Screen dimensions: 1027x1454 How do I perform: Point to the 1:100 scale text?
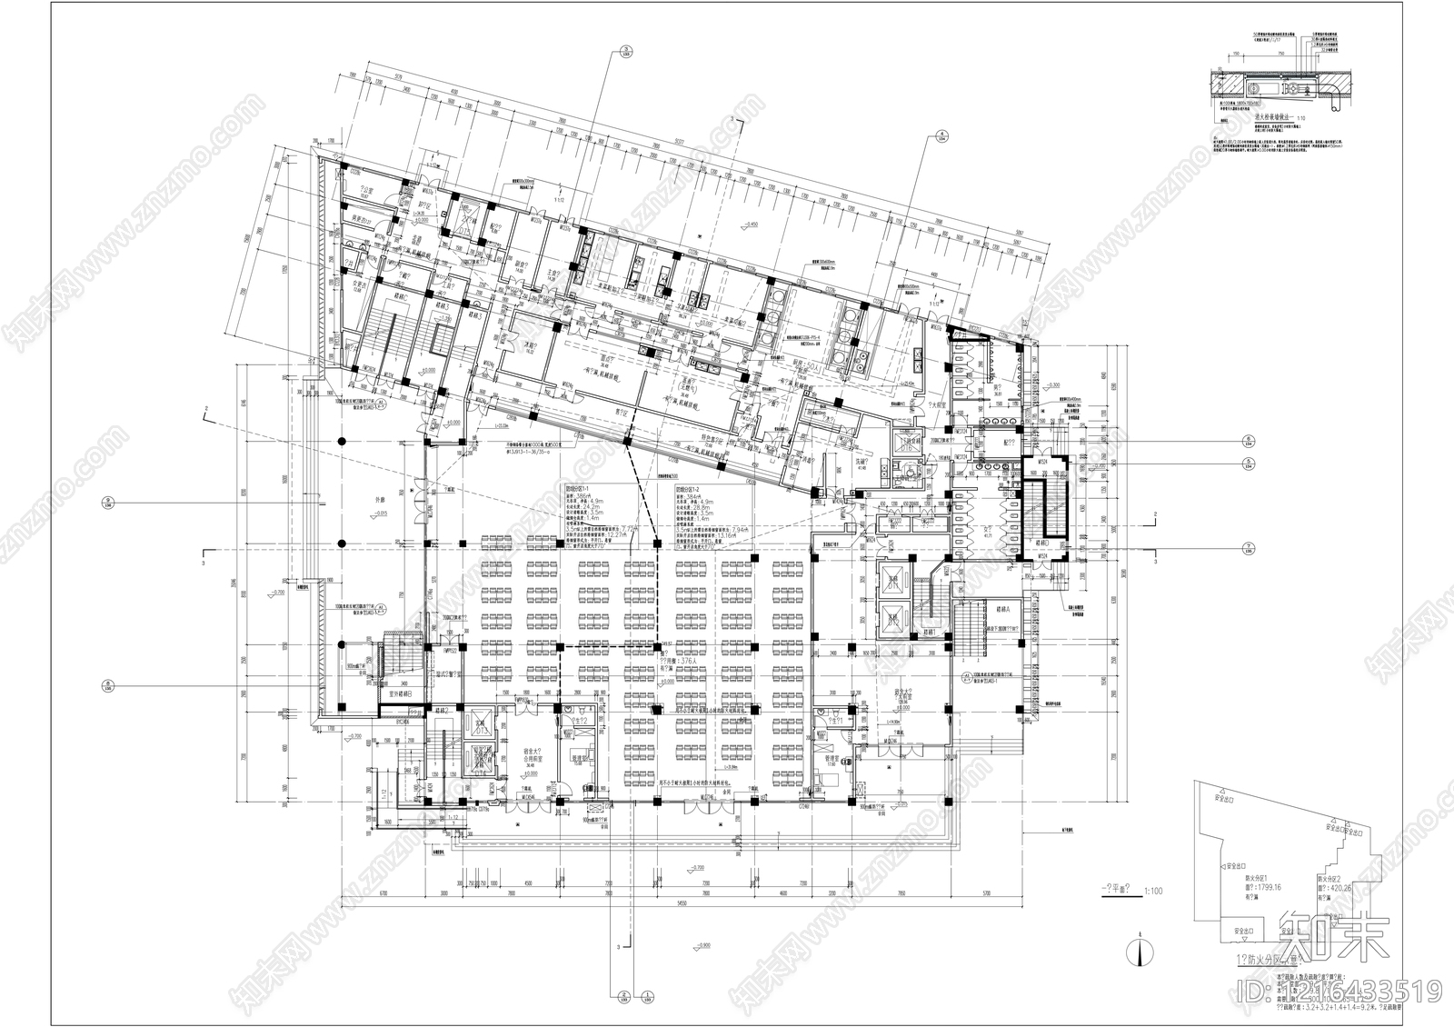point(1153,891)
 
